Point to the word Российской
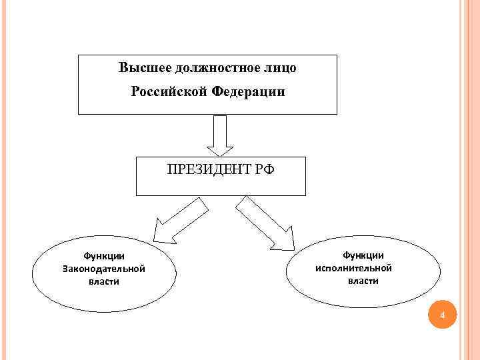tap(170, 93)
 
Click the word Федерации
tap(248, 93)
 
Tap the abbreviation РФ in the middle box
tap(264, 169)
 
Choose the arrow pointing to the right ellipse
tap(267, 223)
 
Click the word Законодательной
tap(103, 269)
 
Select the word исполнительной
tap(363, 268)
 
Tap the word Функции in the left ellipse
tap(103, 257)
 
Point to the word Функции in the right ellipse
tap(363, 255)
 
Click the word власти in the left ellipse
tap(103, 281)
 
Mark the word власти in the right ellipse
tap(363, 281)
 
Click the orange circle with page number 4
tap(441, 314)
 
